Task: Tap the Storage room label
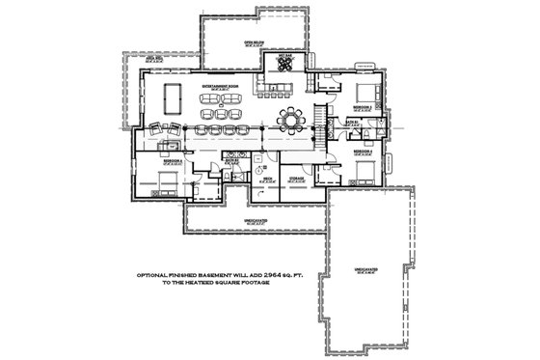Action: tap(296, 179)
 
